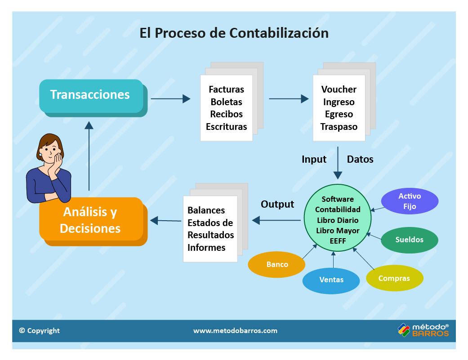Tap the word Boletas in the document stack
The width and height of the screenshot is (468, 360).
tap(226, 102)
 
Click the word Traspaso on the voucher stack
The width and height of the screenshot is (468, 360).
tap(339, 127)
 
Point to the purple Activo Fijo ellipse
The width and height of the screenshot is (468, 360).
tap(409, 201)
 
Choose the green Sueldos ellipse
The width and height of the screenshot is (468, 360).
tap(409, 240)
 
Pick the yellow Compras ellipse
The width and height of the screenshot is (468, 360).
tap(394, 279)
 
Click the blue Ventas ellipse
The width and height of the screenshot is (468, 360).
tap(331, 280)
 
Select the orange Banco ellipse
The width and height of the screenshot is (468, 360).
tap(277, 264)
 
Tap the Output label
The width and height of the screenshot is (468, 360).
tap(277, 204)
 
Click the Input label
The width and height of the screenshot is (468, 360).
tap(314, 160)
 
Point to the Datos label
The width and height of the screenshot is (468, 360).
tap(360, 160)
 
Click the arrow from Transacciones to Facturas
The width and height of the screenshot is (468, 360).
tap(170, 98)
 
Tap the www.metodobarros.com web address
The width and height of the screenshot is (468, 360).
tap(235, 331)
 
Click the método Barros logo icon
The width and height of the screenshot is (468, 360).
tap(403, 330)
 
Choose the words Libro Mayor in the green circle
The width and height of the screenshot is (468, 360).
tap(338, 231)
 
